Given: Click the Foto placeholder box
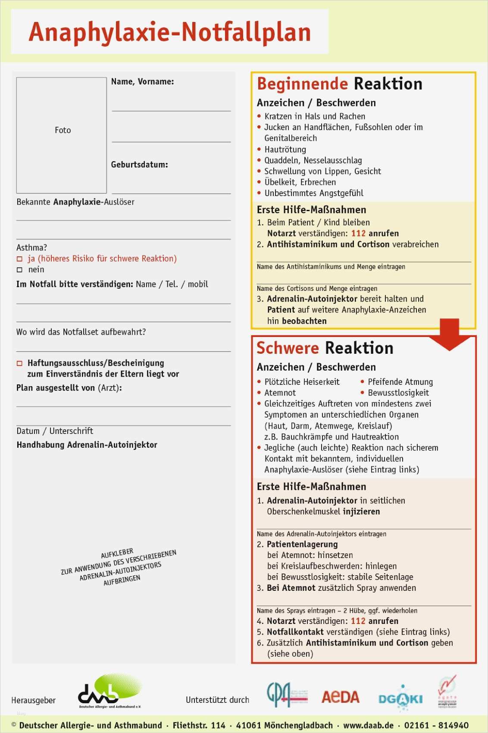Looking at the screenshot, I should (62, 135).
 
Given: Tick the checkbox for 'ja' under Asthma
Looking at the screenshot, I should (19, 259).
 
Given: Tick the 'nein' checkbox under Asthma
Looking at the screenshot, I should (19, 270).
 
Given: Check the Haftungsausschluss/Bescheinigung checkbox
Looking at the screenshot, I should (19, 363).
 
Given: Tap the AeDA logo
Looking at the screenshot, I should (340, 697).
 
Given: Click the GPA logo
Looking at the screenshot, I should (287, 694).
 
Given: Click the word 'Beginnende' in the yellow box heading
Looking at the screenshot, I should (302, 84).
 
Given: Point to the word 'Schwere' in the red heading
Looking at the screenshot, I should (288, 348).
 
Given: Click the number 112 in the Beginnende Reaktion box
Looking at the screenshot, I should (358, 234).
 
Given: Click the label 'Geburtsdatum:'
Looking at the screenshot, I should (139, 165).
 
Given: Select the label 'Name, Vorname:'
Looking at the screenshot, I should (142, 81).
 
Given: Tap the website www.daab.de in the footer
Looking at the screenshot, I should (369, 725).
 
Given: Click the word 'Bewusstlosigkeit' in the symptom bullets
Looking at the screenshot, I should (398, 393).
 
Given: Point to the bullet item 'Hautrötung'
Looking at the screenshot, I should (285, 150).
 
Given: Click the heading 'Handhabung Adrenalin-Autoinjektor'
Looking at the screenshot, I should (87, 445).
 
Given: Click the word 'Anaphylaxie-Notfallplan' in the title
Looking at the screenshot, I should (170, 32).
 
